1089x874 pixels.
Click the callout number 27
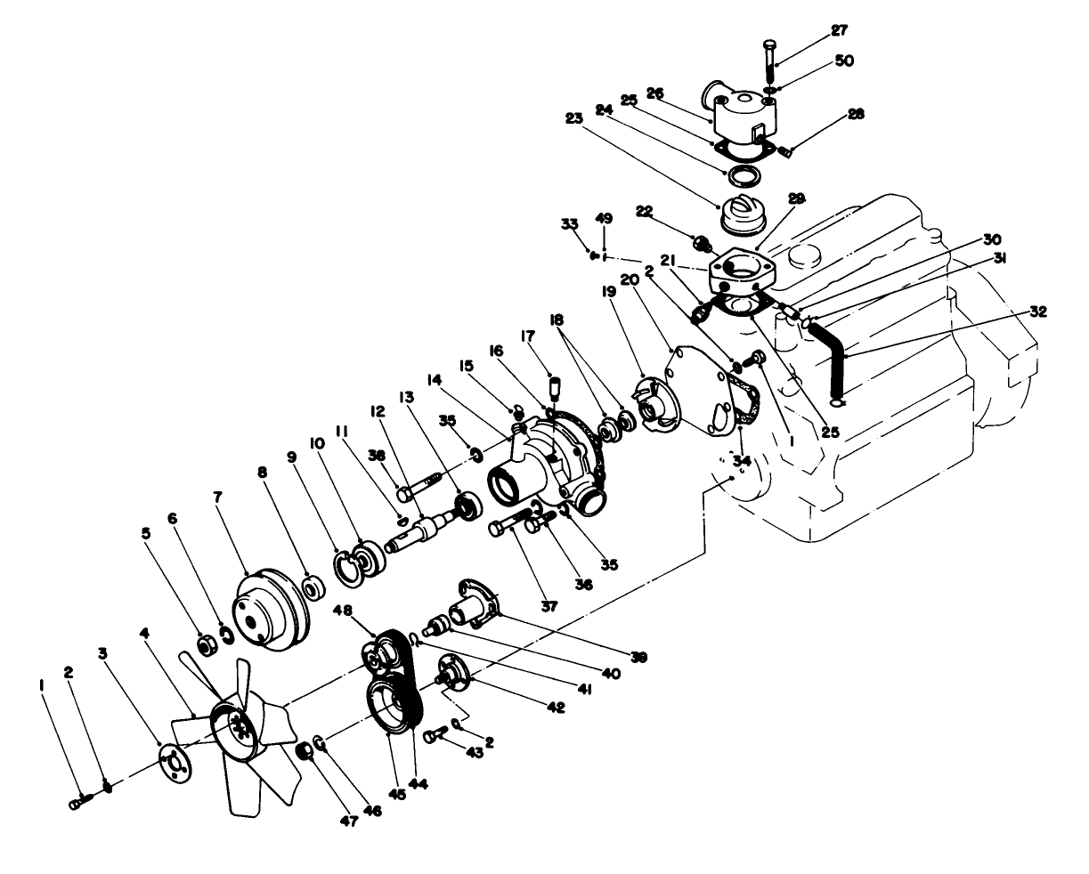pyautogui.click(x=839, y=30)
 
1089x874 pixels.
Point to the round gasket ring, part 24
pyautogui.click(x=739, y=171)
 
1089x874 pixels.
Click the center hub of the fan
pyautogui.click(x=235, y=728)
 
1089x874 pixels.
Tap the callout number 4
pyautogui.click(x=145, y=634)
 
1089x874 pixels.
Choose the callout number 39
pyautogui.click(x=638, y=657)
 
